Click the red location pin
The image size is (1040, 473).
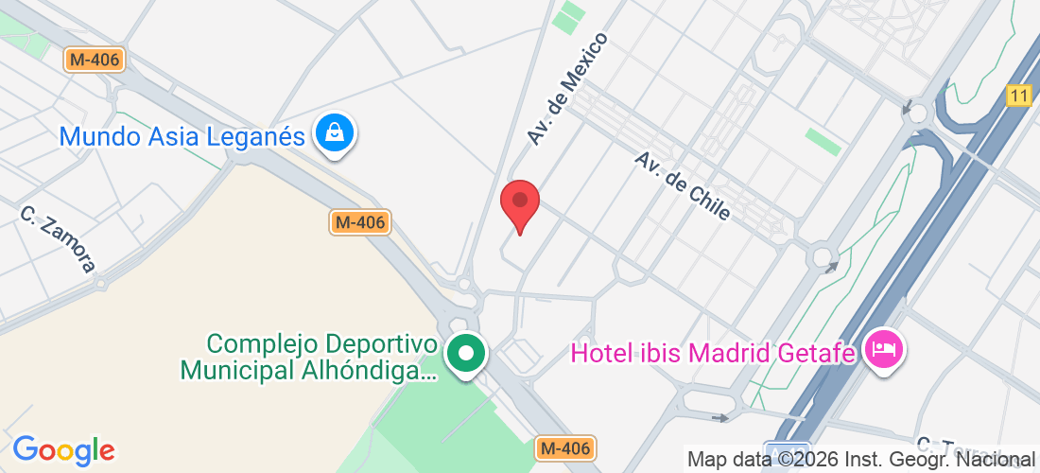tap(519, 202)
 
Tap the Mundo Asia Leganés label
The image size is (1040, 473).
tap(182, 136)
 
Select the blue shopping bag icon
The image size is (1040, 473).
tap(335, 133)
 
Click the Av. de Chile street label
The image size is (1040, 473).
tap(683, 185)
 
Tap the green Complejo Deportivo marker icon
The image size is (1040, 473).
tap(465, 354)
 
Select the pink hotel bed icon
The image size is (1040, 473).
tap(886, 351)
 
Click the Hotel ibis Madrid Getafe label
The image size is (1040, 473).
tap(714, 354)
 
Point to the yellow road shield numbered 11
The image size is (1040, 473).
tap(1017, 96)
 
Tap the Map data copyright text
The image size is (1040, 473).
tap(860, 460)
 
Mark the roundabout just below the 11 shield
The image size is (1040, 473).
tap(914, 112)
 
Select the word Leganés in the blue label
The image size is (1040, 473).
tap(258, 136)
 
